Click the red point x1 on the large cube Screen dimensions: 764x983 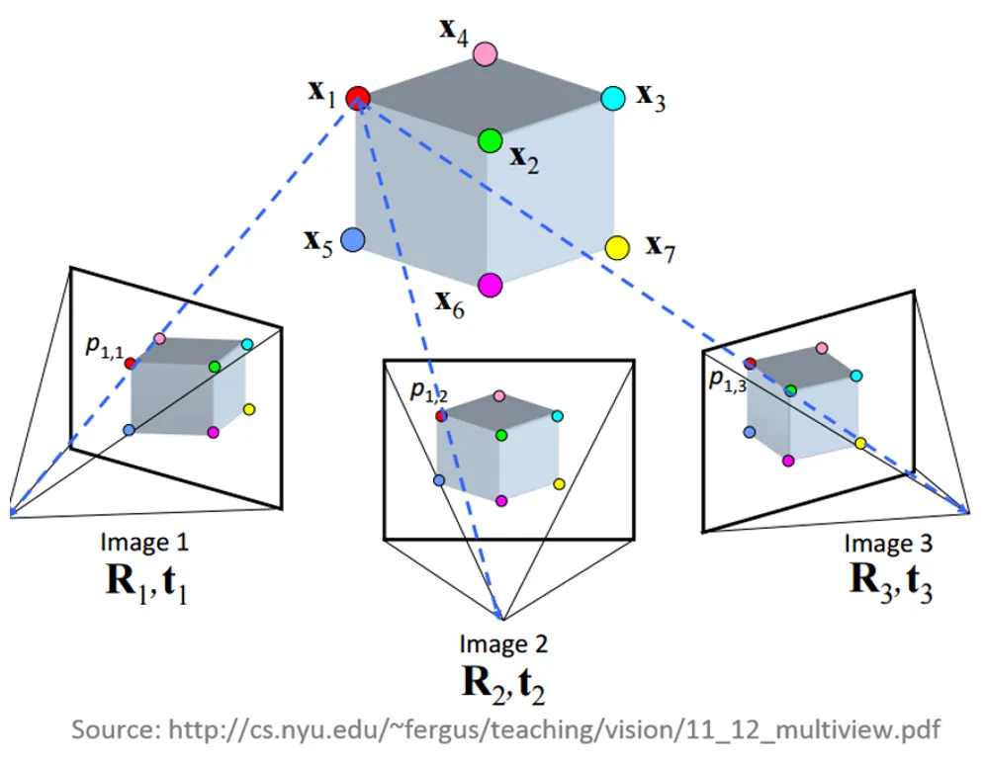click(358, 97)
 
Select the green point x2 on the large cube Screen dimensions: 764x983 click(490, 141)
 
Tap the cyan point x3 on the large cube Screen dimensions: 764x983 click(613, 98)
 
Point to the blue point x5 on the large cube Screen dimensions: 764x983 click(351, 240)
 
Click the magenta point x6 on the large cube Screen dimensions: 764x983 click(490, 286)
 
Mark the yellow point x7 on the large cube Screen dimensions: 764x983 click(618, 247)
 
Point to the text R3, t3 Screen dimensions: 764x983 click(889, 578)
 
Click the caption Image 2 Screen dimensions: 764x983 click(503, 644)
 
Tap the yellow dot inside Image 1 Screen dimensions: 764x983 click(248, 409)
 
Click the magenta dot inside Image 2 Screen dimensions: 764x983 click(501, 501)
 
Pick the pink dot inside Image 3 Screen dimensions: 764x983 click(821, 348)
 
